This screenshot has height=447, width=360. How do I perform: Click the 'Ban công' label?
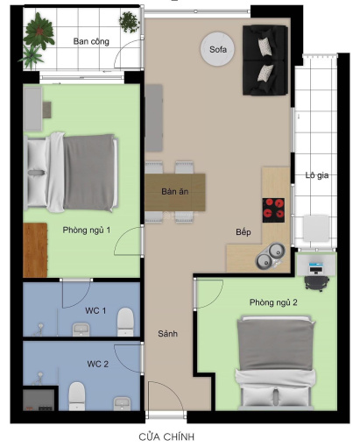click(x=91, y=41)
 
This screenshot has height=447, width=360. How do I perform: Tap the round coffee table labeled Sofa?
click(x=217, y=49)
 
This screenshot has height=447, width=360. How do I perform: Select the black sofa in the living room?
click(x=265, y=60)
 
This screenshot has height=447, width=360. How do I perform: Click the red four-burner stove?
click(x=273, y=210)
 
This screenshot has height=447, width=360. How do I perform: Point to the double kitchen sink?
click(x=270, y=256)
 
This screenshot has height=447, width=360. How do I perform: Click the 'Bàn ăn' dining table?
click(x=175, y=192)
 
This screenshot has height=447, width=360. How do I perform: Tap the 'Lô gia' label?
click(x=317, y=175)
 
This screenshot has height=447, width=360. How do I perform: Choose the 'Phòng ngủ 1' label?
click(x=87, y=231)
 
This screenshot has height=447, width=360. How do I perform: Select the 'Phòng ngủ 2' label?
click(x=273, y=302)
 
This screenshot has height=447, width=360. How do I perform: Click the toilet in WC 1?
click(x=125, y=322)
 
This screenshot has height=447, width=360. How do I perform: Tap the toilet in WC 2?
click(x=77, y=396)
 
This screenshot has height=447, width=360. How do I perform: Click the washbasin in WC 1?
click(x=81, y=330)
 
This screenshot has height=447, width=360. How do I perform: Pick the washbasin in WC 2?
click(x=123, y=404)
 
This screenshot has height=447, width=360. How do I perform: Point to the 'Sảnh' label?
click(x=167, y=334)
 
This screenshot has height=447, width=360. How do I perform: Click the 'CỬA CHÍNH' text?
click(x=166, y=437)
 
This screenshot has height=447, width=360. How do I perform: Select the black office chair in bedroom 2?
click(x=317, y=282)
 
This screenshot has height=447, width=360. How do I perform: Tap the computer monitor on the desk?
click(x=316, y=267)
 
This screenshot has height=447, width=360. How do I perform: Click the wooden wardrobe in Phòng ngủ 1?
click(x=35, y=250)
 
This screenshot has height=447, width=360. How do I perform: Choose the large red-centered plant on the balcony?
click(x=39, y=31)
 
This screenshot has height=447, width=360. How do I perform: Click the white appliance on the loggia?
click(x=316, y=228)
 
